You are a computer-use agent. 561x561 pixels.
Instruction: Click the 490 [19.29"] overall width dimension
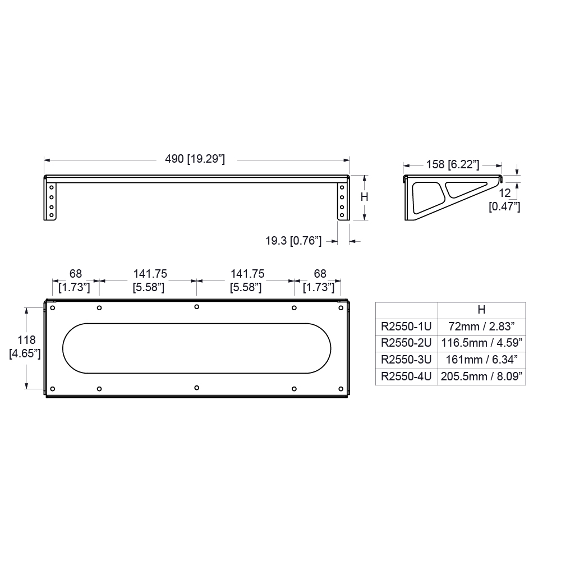195,159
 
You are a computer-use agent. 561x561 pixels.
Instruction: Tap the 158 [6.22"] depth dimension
453,164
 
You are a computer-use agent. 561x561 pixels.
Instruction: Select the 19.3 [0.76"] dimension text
293,241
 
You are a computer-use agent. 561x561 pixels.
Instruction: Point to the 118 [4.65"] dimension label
25,347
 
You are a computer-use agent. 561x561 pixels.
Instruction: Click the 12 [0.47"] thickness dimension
504,200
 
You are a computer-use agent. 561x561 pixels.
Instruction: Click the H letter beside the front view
364,197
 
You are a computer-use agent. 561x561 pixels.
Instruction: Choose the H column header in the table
481,310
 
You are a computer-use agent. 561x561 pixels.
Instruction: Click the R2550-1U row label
406,327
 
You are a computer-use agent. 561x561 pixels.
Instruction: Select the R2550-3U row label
406,360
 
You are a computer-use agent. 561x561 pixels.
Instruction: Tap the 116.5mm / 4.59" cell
481,343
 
